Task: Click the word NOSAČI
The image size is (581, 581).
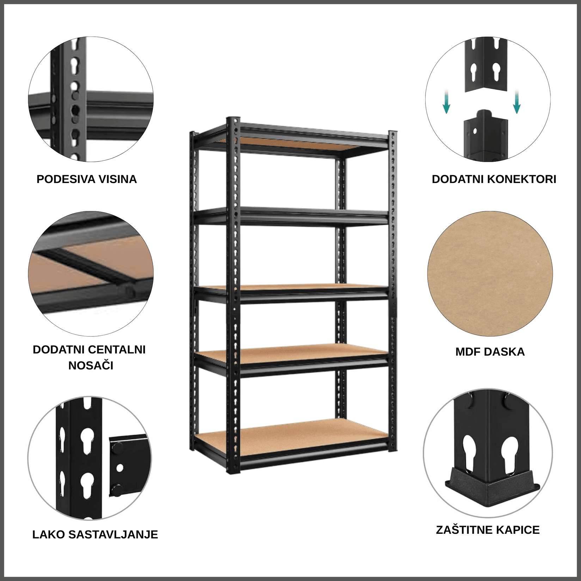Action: pos(91,366)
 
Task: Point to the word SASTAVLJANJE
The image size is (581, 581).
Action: pos(113,534)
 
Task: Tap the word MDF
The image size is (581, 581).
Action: pos(468,352)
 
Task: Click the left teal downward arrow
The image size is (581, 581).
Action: pos(446,104)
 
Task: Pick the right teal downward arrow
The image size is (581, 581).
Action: pos(517,104)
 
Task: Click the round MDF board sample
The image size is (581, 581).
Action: pos(490,274)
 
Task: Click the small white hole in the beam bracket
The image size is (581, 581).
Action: pos(120,468)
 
